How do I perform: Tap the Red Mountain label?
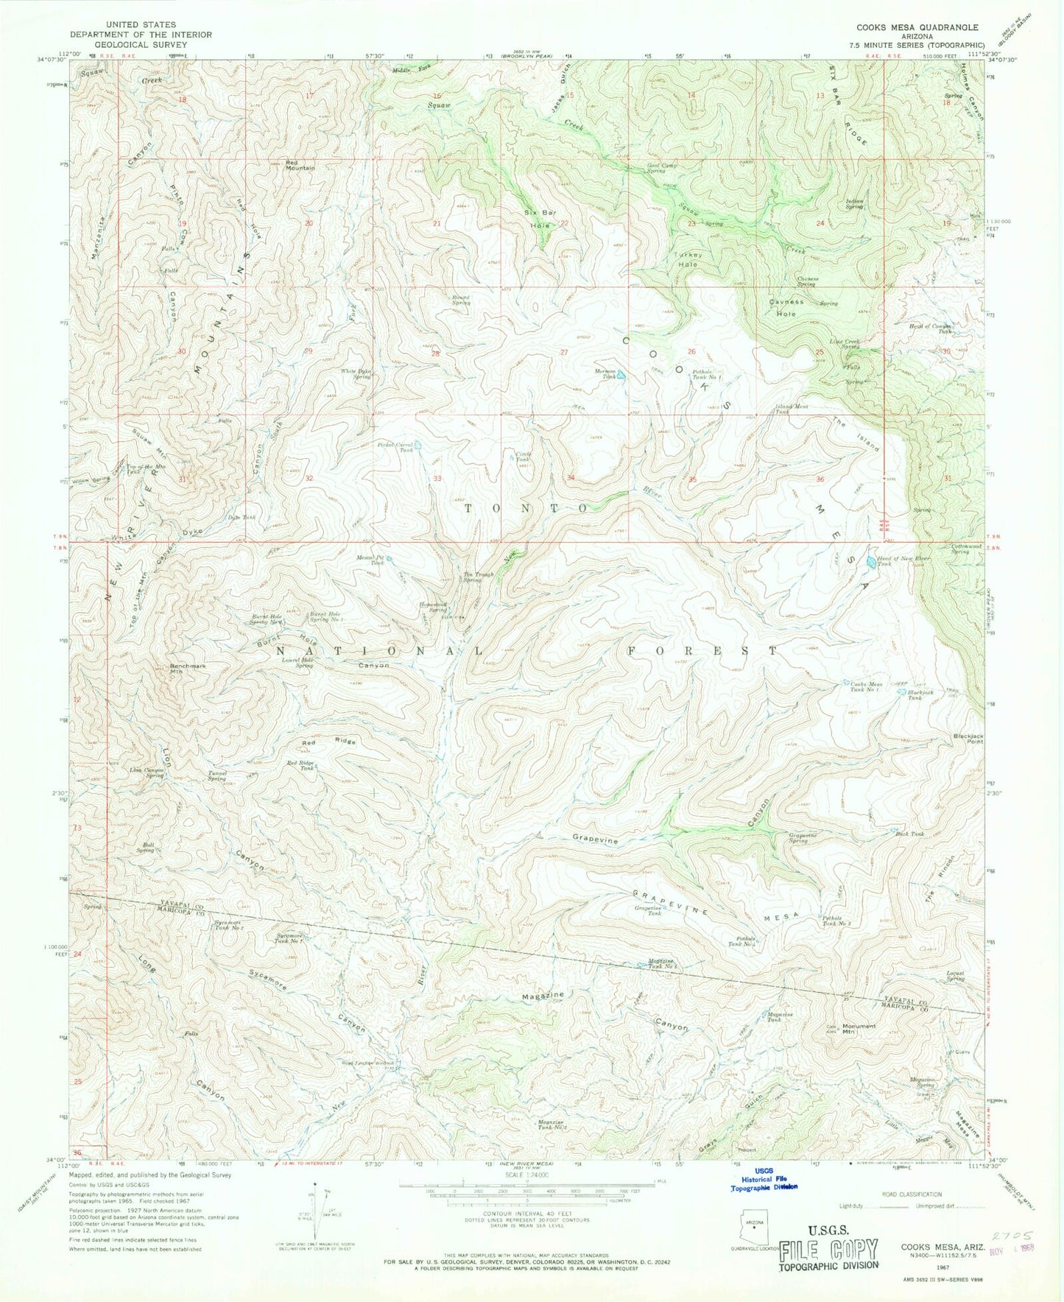point(300,164)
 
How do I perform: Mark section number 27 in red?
point(564,353)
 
